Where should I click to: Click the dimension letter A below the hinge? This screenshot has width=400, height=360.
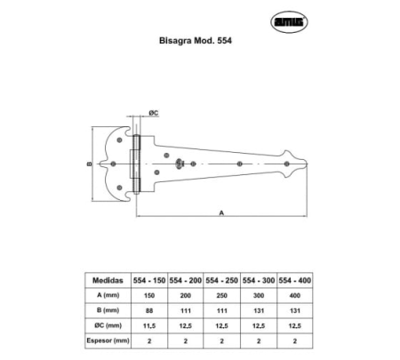[x=220, y=212]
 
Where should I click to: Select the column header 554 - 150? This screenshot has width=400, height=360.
[x=148, y=278]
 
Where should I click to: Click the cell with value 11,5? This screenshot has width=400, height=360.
[x=148, y=324]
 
